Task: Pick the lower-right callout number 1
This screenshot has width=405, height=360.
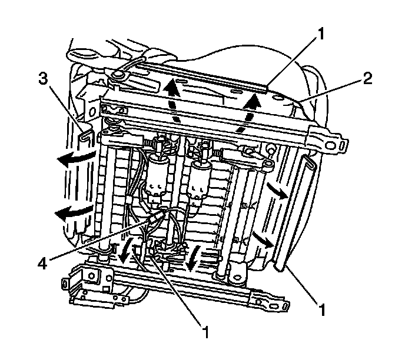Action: pyautogui.click(x=322, y=306)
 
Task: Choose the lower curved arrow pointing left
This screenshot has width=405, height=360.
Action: pyautogui.click(x=69, y=212)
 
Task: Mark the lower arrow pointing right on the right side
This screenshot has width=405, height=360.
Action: pyautogui.click(x=262, y=238)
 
